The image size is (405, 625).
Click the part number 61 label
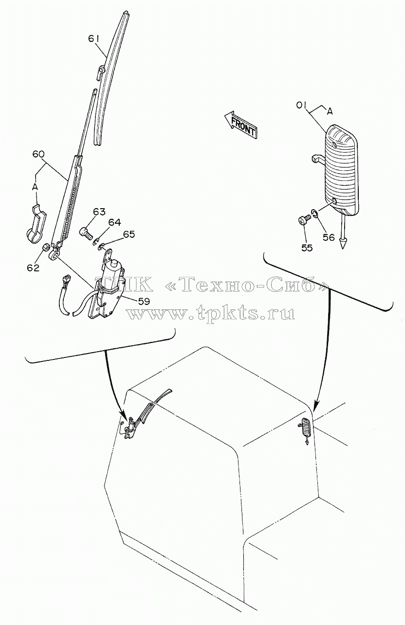(95, 39)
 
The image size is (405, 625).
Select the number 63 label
(99, 212)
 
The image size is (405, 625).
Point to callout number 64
(114, 222)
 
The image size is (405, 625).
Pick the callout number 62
(33, 268)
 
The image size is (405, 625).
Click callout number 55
(307, 248)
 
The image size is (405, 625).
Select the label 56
(329, 237)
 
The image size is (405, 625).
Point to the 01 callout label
(302, 107)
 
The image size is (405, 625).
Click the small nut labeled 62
(47, 247)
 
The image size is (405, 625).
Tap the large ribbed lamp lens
(342, 170)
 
